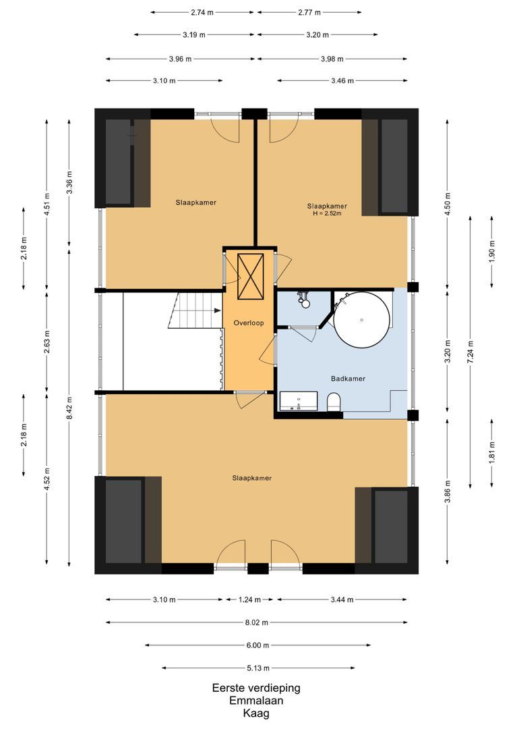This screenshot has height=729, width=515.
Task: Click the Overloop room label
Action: click(247, 323)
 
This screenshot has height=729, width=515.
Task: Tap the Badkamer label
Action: click(348, 379)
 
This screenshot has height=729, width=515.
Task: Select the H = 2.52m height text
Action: click(327, 214)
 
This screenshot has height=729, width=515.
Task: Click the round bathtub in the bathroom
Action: click(362, 318)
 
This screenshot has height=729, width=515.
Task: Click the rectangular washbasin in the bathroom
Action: click(299, 401)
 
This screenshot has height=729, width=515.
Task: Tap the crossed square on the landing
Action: click(249, 276)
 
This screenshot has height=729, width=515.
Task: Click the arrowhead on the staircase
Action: click(217, 311)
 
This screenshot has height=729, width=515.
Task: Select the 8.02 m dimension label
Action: click(256, 622)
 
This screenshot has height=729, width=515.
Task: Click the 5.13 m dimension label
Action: click(256, 668)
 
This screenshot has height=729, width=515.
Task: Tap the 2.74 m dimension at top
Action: click(202, 12)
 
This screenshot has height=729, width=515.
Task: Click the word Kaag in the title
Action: click(256, 713)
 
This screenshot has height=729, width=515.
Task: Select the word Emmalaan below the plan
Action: click(256, 701)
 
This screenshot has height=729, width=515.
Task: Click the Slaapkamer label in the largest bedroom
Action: click(251, 478)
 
